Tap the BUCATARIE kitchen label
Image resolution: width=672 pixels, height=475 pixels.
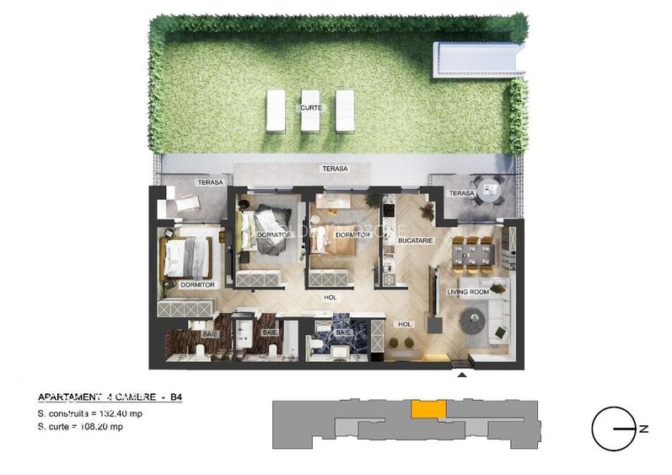click(416, 240)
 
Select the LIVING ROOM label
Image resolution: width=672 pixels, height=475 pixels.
click(468, 292)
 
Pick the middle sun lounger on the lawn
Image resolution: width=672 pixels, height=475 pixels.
click(310, 111)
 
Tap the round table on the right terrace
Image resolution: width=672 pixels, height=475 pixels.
click(484, 192)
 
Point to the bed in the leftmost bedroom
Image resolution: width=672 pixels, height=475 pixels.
click(188, 257)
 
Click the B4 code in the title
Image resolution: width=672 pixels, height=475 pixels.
click(175, 397)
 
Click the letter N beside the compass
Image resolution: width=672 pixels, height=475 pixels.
click(643, 429)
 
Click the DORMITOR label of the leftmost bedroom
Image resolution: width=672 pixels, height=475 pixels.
click(198, 285)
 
